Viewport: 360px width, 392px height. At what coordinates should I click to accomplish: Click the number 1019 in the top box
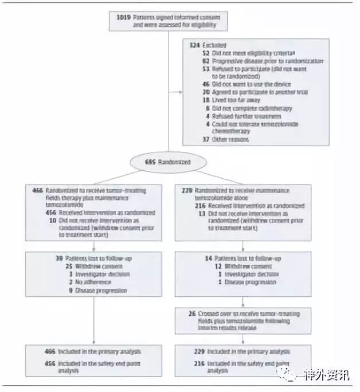coord(123,18)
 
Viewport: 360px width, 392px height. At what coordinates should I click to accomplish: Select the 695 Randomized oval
coord(168,162)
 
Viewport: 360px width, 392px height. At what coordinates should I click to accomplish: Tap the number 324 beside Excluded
coord(194,45)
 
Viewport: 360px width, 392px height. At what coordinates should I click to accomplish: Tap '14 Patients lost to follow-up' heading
coord(236,259)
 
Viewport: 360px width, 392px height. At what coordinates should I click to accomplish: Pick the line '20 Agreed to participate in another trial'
coord(251,91)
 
